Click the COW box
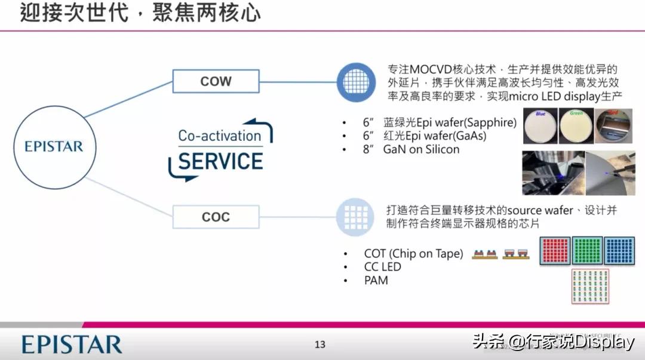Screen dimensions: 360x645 [216, 81]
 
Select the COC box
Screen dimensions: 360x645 [216, 217]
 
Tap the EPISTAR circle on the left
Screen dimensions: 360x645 [54, 147]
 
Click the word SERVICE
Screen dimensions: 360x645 [221, 161]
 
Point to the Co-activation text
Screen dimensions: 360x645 [219, 136]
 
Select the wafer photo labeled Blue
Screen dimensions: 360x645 [540, 127]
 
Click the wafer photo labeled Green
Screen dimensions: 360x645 [576, 127]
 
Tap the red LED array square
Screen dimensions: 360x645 [555, 251]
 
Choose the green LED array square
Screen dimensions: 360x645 [586, 251]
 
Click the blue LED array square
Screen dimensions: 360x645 [618, 251]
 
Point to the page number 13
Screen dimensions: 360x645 [320, 344]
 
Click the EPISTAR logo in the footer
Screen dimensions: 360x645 [72, 344]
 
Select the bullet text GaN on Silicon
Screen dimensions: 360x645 [421, 149]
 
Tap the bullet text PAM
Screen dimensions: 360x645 [376, 280]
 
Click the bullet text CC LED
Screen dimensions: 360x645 [382, 267]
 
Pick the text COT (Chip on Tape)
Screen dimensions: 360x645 [413, 254]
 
